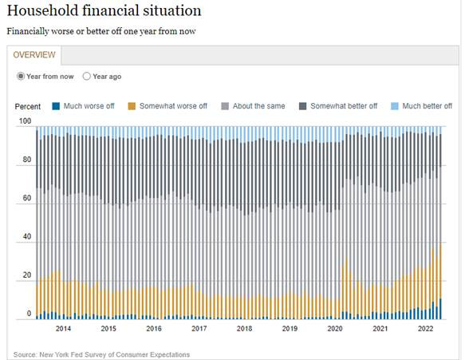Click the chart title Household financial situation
point(104,10)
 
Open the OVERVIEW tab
point(34,55)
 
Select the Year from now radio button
point(22,77)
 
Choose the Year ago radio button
point(87,77)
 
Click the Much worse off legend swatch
point(56,106)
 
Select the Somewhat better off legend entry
point(338,106)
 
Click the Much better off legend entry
point(422,106)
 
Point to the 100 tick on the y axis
point(24,122)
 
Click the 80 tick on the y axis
point(26,160)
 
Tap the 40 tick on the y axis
point(26,238)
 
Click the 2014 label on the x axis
point(63,329)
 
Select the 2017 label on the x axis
point(199,329)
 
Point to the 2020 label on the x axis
point(335,329)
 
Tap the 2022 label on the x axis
point(425,329)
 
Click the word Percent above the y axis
point(28,106)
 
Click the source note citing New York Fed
point(101,354)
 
